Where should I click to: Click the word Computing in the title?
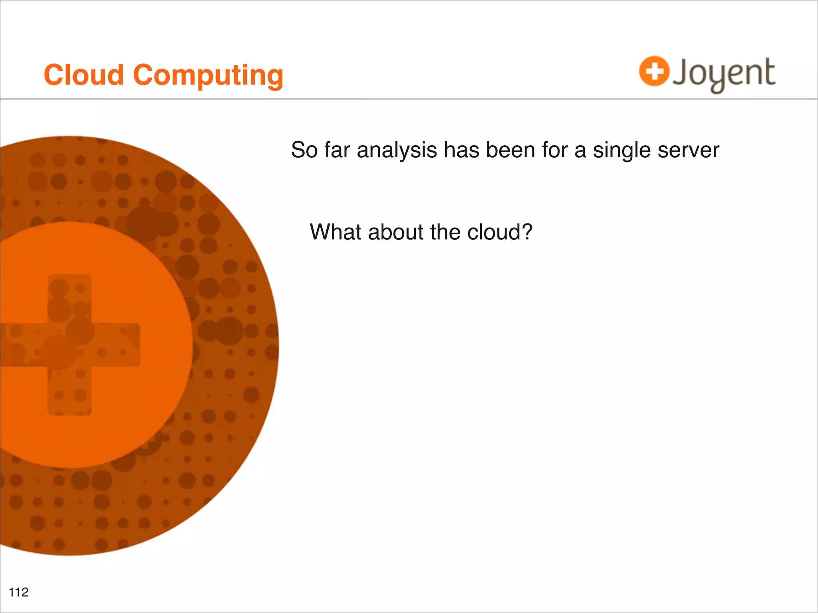pyautogui.click(x=208, y=76)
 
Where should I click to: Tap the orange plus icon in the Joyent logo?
pyautogui.click(x=654, y=71)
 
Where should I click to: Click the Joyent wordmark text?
pyautogui.click(x=724, y=73)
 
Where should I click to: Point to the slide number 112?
pyautogui.click(x=19, y=592)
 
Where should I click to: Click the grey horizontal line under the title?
pyautogui.click(x=409, y=99)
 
